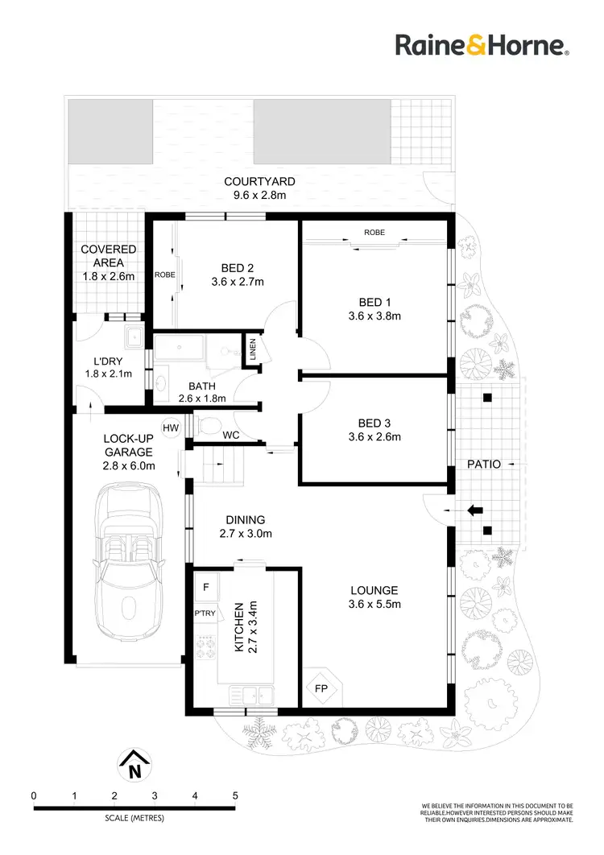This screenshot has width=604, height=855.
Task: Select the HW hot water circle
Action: [x=170, y=427]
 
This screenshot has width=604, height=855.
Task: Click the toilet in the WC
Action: [x=208, y=424]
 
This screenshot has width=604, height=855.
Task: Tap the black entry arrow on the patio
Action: [x=476, y=510]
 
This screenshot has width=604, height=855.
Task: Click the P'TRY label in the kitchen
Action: [x=205, y=613]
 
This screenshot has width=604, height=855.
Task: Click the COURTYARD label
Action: [x=259, y=182]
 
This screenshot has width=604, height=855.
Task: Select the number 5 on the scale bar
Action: [x=235, y=796]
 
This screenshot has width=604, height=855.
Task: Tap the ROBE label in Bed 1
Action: [x=374, y=232]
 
